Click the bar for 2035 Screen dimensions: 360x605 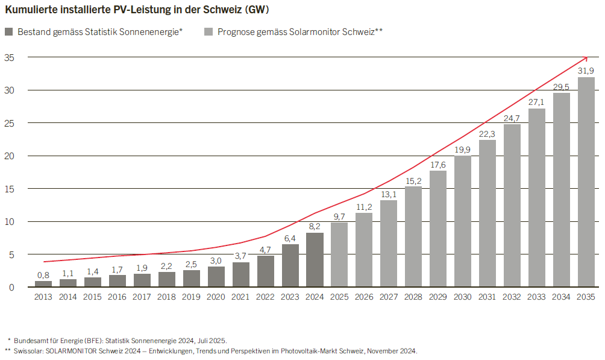586,182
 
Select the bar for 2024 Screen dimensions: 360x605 315,260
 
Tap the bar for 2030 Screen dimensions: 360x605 463,221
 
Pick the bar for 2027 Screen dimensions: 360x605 389,244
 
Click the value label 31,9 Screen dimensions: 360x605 586,71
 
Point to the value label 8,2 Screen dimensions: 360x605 315,226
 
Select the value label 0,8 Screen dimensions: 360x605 43,275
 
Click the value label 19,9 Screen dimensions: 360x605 463,150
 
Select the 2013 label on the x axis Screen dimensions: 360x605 43,297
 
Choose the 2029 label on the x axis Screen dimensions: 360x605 438,297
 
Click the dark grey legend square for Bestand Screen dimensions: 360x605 9,32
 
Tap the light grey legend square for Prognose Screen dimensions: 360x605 208,32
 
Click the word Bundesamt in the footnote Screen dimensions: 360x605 30,340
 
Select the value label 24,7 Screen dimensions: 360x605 512,118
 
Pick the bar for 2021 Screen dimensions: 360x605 241,274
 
